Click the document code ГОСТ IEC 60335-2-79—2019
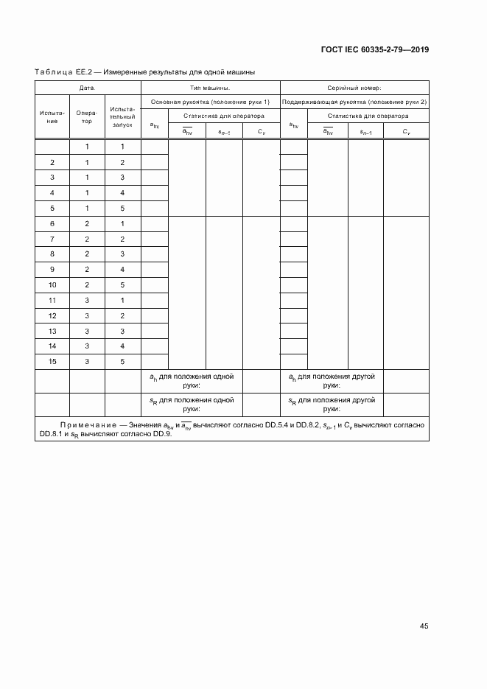click(x=374, y=50)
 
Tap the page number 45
click(x=424, y=626)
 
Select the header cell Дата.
click(x=87, y=87)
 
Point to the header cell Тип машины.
click(x=209, y=87)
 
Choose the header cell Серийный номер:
click(x=354, y=87)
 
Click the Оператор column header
click(x=87, y=116)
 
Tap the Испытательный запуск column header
click(x=122, y=116)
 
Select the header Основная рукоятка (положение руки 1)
click(x=209, y=102)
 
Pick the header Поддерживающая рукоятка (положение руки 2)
click(x=354, y=102)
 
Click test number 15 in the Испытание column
click(x=52, y=362)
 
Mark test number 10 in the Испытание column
click(x=52, y=285)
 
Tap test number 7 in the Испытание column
click(x=52, y=239)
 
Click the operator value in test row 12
click(x=87, y=315)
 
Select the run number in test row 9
click(x=122, y=270)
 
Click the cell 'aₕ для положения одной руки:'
click(x=192, y=380)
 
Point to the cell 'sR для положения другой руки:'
click(x=332, y=405)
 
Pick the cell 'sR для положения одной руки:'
click(x=192, y=405)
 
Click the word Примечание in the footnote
click(x=87, y=426)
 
